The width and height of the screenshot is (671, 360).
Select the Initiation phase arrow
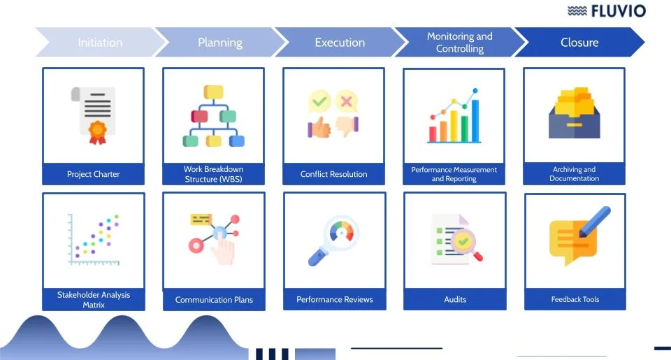[100, 43]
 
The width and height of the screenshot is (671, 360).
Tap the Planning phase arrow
[220, 43]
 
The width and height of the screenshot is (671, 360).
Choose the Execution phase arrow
[340, 43]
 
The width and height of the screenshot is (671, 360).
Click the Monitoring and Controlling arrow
[459, 43]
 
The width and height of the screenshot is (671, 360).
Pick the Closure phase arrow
[579, 43]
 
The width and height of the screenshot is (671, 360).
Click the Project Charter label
[93, 174]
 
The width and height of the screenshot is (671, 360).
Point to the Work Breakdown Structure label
[214, 174]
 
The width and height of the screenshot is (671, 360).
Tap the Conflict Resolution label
[333, 174]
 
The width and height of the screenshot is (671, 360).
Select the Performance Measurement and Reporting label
[454, 174]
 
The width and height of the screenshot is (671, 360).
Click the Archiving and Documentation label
[574, 174]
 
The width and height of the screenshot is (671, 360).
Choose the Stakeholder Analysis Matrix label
[93, 299]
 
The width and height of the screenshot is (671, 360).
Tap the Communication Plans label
[214, 300]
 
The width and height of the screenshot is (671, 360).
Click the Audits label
[455, 299]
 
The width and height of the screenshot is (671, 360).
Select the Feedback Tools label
[575, 299]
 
